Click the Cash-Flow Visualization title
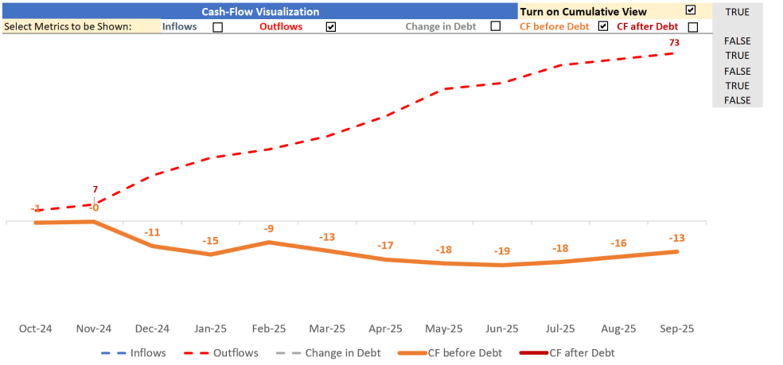point(259,12)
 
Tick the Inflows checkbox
point(217,27)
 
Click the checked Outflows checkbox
point(331,27)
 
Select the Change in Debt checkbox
point(496,26)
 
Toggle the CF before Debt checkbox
point(603,26)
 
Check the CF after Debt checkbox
point(692,27)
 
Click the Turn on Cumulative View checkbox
point(690,10)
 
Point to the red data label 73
point(674,42)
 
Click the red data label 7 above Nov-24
point(95,189)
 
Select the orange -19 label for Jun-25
point(501,251)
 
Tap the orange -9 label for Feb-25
point(269,229)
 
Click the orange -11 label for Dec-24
point(152,232)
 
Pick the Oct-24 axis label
point(35,328)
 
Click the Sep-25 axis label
point(676,328)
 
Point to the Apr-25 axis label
point(385,328)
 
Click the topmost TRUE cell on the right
point(737,12)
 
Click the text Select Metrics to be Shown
point(68,26)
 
